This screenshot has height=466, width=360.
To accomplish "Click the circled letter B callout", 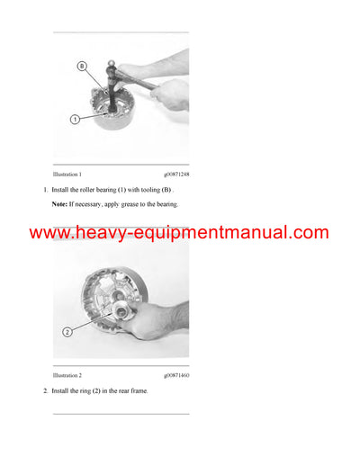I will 82,66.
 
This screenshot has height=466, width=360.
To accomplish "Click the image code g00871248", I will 176,173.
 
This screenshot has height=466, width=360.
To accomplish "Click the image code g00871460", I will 176,374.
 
